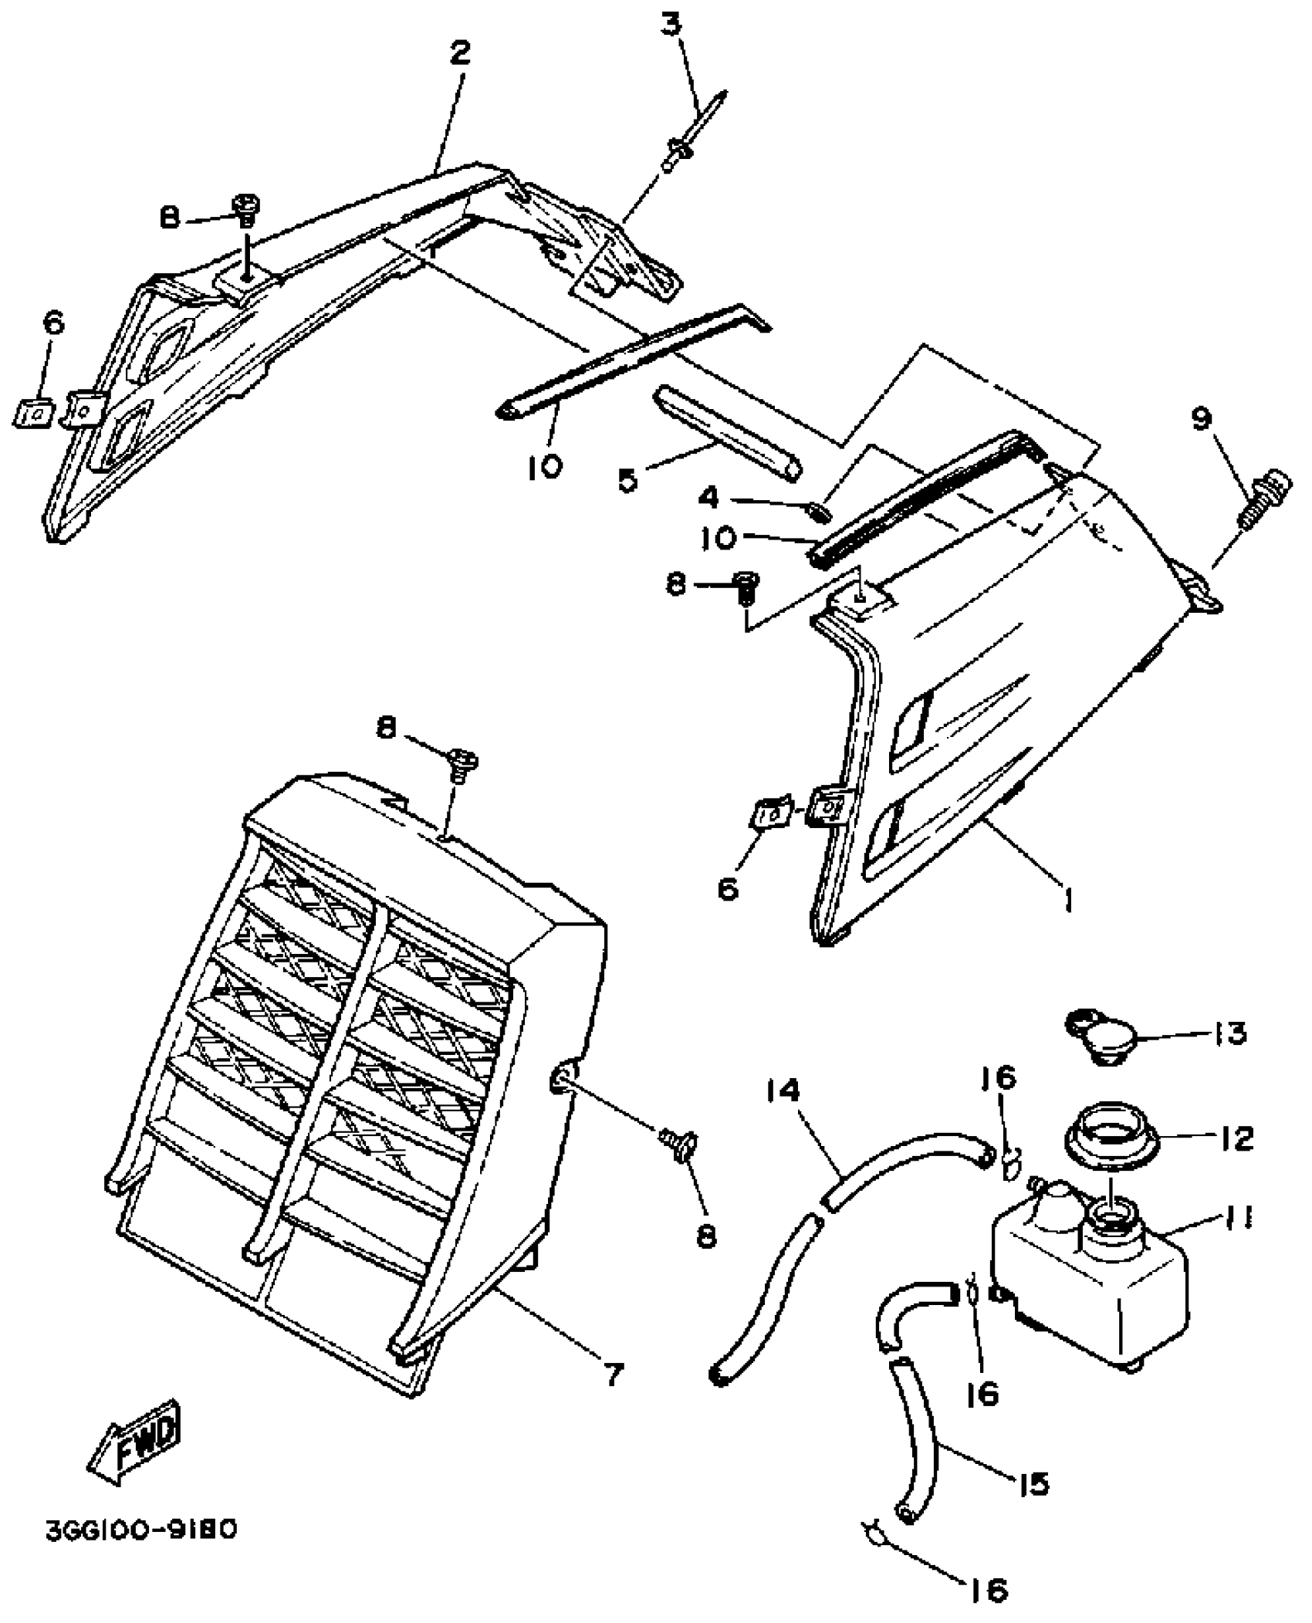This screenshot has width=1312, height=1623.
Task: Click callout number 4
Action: tap(708, 498)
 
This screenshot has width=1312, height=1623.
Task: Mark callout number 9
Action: tap(1201, 418)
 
